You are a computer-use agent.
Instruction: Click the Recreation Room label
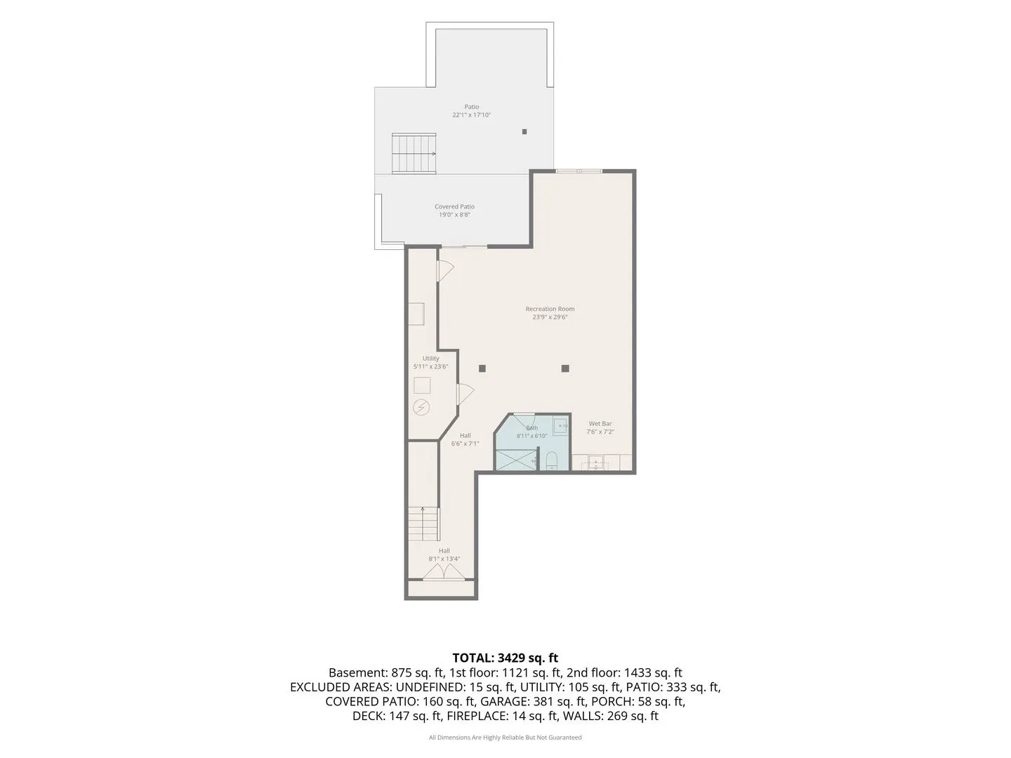550,309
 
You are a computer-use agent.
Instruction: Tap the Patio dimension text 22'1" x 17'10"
471,115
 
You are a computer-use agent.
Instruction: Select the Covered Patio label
454,206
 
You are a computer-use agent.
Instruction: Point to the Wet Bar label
600,423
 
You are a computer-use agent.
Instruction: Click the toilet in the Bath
551,461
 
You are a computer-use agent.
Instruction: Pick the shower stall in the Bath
516,460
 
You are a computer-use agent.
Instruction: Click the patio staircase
414,154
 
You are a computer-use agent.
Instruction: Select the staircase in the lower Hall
423,524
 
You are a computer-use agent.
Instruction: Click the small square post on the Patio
524,132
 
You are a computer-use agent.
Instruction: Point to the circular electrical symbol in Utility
421,407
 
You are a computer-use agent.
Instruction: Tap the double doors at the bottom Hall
444,572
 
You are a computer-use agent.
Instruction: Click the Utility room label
430,359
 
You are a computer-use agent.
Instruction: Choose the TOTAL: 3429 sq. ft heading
505,658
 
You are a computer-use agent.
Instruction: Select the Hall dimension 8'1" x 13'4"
444,559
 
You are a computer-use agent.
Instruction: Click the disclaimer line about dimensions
505,737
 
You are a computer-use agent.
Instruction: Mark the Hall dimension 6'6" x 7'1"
465,444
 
